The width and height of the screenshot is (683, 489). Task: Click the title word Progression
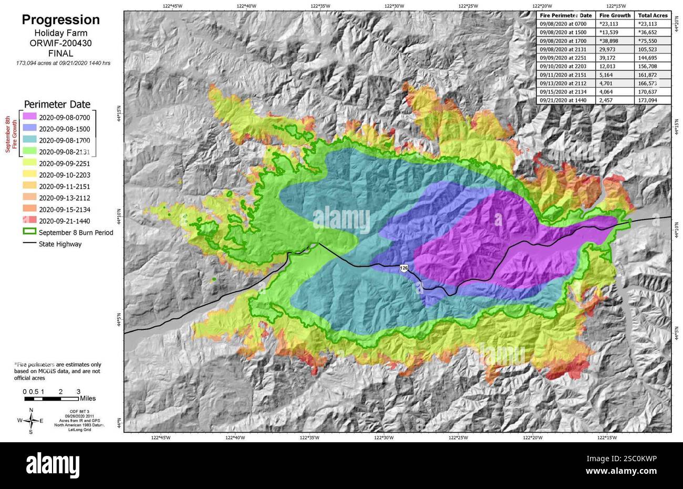coord(60,20)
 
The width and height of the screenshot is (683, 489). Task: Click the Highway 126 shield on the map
coord(403,268)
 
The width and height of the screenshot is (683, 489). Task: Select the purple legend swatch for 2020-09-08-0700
coord(29,116)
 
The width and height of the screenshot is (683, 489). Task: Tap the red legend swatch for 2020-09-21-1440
coord(29,221)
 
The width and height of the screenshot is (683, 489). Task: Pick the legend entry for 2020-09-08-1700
coord(64,140)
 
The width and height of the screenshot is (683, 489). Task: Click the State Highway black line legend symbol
coord(29,244)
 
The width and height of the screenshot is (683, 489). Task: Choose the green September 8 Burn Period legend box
coord(29,232)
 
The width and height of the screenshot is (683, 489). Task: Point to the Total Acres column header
coord(653,16)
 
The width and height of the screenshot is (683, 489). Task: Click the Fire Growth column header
coord(615,16)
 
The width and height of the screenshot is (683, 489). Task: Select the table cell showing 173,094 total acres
coord(653,100)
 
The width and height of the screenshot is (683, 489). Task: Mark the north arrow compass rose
coord(31,420)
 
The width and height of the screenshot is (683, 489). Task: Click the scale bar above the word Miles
coord(51,399)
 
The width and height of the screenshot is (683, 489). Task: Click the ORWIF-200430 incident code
coord(60,44)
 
